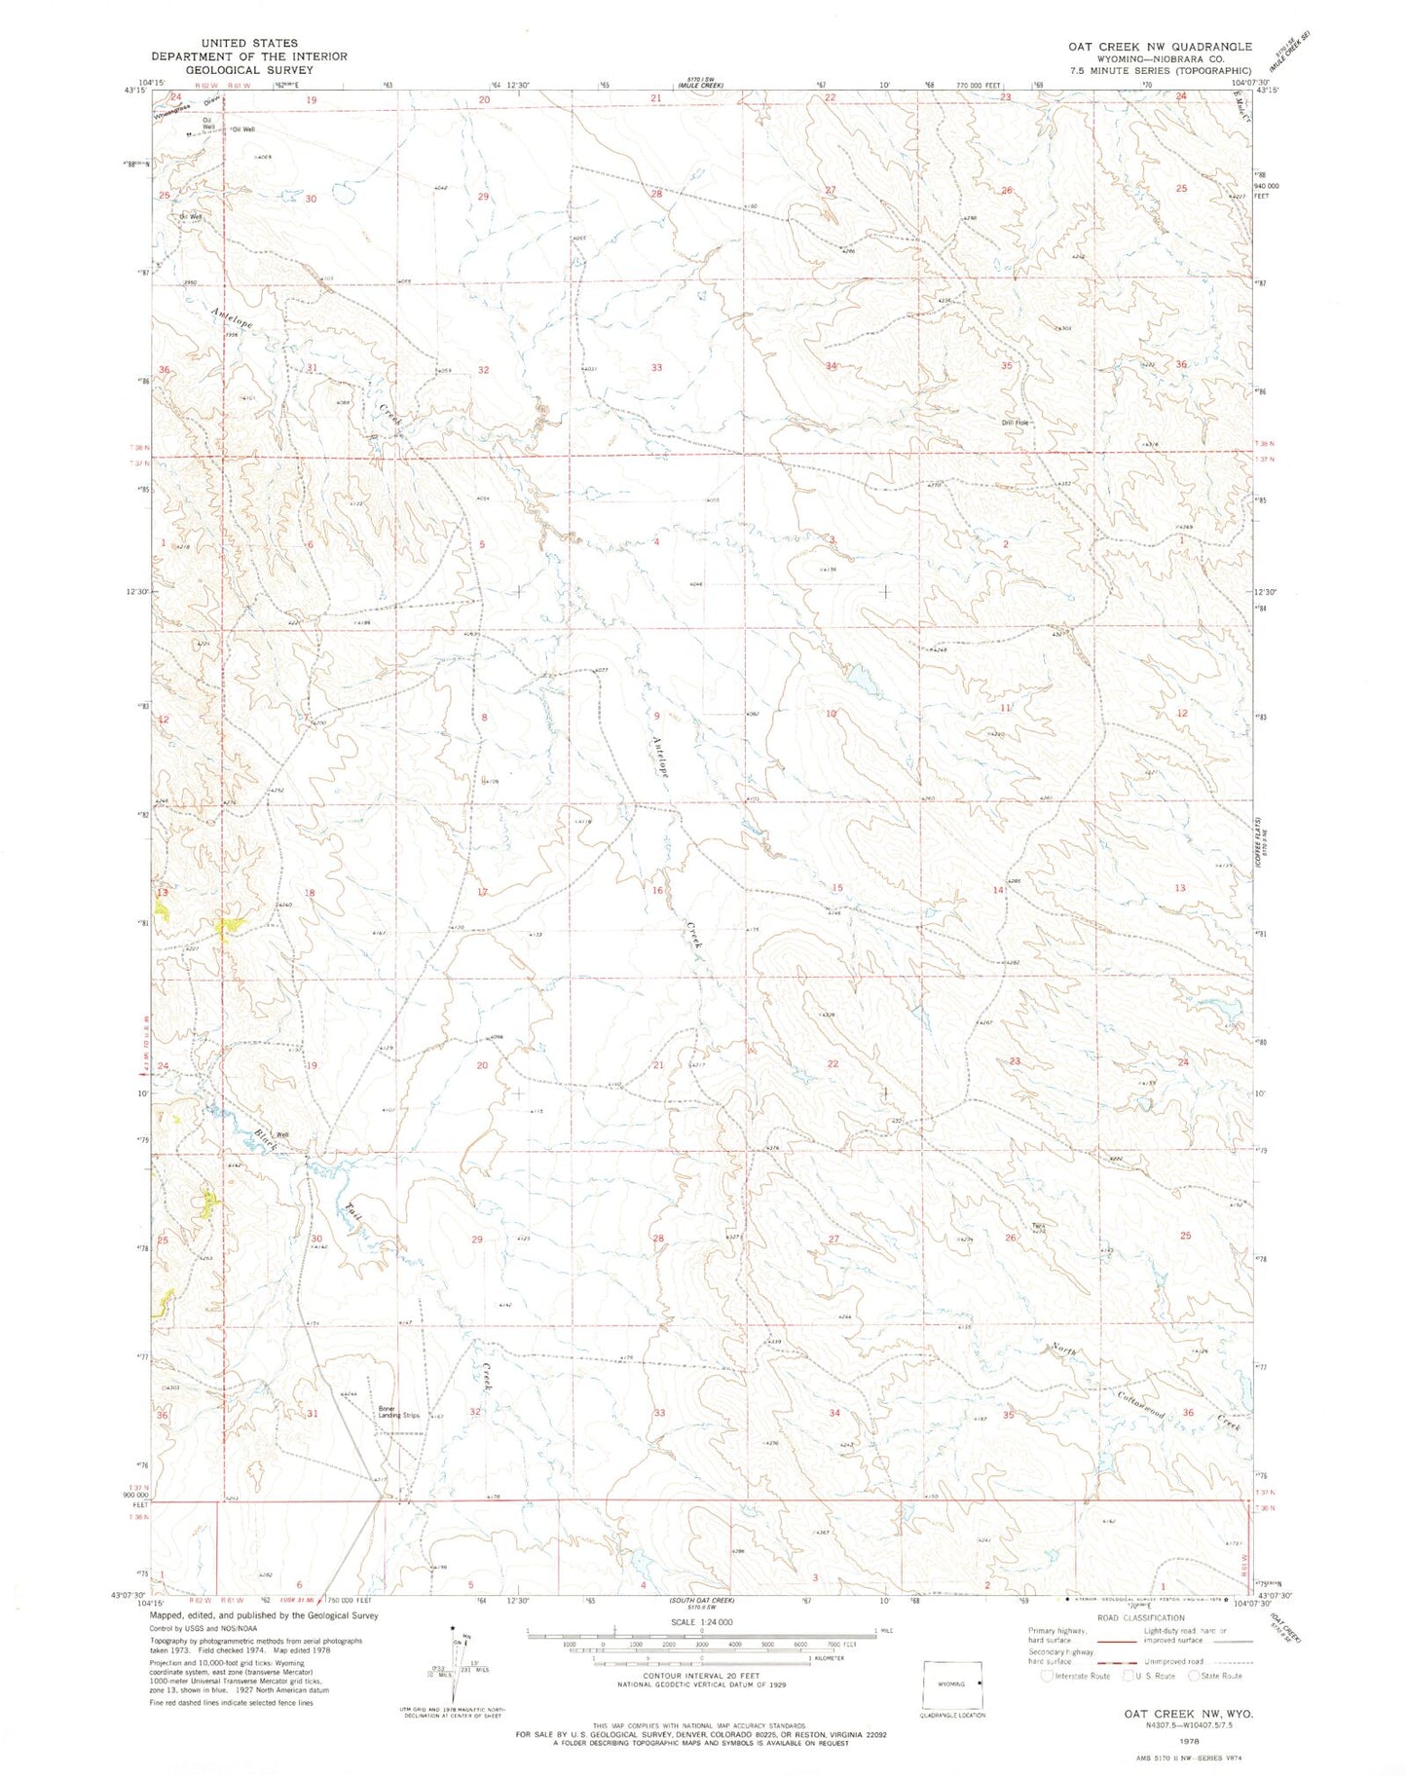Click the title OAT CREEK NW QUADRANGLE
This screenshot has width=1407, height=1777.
pos(1159,46)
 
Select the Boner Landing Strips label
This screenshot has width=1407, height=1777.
pos(399,1411)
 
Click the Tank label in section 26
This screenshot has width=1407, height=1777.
pos(1039,1226)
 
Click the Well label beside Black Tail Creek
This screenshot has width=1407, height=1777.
pos(281,1134)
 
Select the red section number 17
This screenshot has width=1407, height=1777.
pos(482,892)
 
